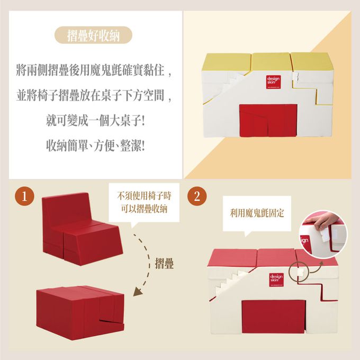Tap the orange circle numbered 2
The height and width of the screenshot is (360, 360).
197,196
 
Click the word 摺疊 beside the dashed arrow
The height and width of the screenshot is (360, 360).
165,264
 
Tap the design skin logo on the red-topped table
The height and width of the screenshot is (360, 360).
276,280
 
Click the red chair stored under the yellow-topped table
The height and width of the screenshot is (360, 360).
260,120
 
